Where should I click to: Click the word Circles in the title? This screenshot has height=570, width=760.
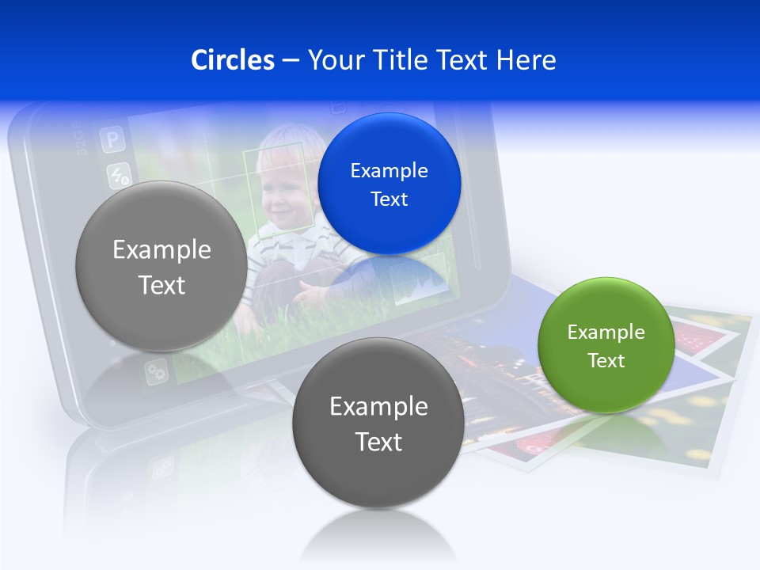coord(232,60)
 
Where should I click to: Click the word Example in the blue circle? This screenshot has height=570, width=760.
coord(389,170)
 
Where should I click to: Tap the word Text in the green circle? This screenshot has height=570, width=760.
coord(606,360)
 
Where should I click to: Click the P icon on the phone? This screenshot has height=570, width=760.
coord(113,141)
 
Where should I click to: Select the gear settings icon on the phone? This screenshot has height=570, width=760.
coord(156,370)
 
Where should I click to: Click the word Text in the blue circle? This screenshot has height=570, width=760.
coord(389,199)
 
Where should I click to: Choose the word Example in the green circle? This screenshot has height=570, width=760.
coord(606,332)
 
